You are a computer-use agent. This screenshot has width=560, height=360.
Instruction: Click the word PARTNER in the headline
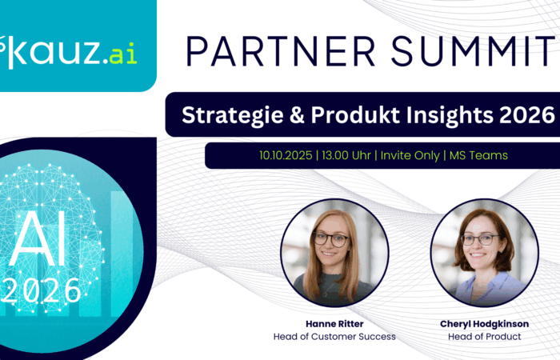pos(280,50)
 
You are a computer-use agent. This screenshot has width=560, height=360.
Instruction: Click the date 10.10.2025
pos(286,155)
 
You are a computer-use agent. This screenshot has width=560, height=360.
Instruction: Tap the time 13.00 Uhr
pos(346,155)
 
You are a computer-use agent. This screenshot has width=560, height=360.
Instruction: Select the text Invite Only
pos(410,156)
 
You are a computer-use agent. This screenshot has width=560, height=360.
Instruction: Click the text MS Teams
pos(478,155)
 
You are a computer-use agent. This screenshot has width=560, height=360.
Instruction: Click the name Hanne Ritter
pos(334,324)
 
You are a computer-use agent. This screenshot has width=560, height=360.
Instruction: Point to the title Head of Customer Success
pos(334,337)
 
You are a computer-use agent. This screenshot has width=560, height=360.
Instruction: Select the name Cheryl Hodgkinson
pos(484,324)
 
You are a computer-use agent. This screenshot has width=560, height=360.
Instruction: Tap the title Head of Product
pos(484,337)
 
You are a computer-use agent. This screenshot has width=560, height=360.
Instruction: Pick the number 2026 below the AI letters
pos(42,291)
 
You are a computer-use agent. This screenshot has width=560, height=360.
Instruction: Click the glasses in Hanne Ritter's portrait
pos(331,240)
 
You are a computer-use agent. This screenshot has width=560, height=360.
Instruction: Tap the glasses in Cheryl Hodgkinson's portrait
pos(480,240)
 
